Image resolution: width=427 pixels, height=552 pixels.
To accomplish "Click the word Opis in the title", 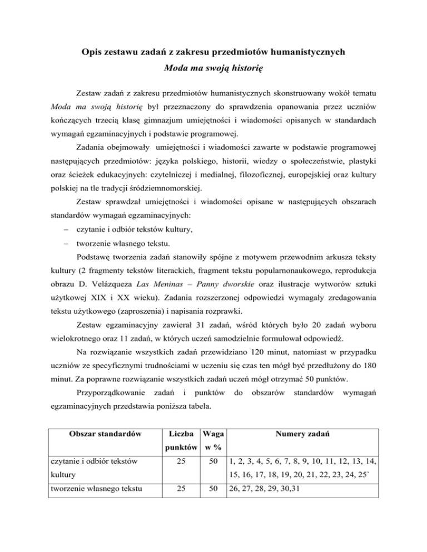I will coord(87,53).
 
